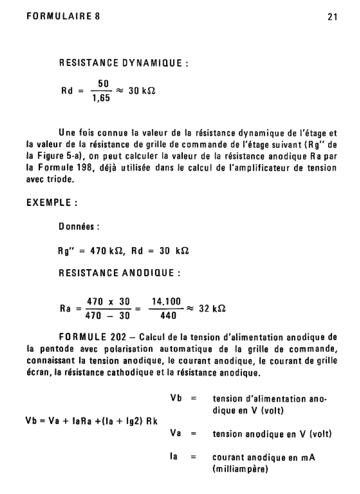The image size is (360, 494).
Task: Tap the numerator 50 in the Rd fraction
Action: (103, 83)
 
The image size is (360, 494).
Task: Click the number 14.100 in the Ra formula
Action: (166, 302)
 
